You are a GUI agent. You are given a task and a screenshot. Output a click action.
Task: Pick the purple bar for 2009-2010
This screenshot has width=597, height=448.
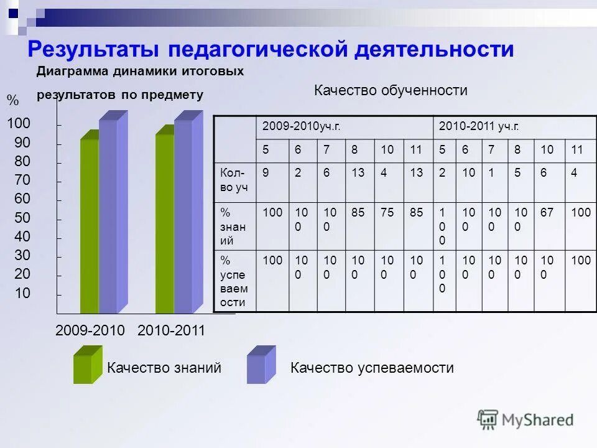point(108,215)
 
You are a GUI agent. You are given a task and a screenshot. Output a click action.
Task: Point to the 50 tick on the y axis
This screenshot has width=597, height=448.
point(22,218)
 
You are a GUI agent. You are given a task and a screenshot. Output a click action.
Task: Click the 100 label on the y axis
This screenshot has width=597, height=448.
point(19,124)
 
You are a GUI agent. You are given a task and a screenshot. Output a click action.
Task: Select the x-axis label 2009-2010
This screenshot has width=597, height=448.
point(90,330)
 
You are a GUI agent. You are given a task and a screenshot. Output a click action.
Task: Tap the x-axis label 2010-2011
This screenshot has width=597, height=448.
point(171,330)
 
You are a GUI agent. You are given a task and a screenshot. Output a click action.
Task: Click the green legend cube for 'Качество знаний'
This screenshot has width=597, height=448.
point(86,365)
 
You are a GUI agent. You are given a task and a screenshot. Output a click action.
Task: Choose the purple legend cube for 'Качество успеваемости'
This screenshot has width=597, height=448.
point(261,365)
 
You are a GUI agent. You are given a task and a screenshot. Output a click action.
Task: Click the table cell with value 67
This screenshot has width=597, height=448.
point(547,213)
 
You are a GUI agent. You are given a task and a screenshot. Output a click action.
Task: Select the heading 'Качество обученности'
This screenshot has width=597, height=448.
point(391,91)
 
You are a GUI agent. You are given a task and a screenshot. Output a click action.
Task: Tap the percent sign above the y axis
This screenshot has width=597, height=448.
point(12,100)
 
